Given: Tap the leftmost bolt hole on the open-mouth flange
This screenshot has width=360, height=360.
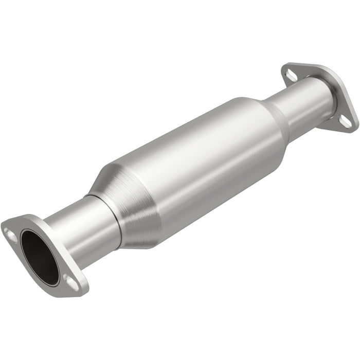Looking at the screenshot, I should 9,232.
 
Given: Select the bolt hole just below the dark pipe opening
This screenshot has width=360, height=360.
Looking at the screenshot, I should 69,280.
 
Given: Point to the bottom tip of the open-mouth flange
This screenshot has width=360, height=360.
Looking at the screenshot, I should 77,291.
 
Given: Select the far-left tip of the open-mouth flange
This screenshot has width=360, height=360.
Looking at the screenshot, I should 4,226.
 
